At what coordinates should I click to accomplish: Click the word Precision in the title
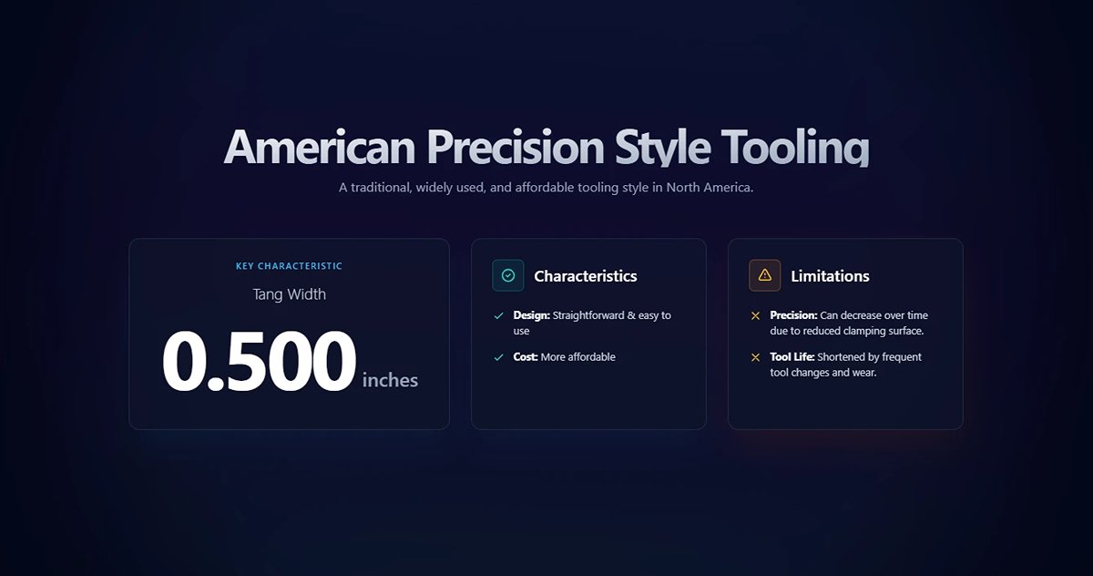click(x=515, y=147)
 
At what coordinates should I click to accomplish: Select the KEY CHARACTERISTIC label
click(x=289, y=266)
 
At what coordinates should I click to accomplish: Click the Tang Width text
click(x=289, y=294)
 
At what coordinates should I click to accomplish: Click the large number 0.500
click(x=259, y=363)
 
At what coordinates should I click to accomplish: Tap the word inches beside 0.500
click(x=390, y=380)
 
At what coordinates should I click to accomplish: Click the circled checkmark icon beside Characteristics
click(x=508, y=275)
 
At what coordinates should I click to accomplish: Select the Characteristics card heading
click(x=585, y=276)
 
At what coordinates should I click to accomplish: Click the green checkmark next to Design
click(x=498, y=315)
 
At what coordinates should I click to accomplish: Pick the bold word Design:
click(x=531, y=315)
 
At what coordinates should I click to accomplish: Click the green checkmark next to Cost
click(x=498, y=357)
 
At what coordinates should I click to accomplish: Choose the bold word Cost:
click(x=526, y=357)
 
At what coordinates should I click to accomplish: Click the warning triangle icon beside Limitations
click(x=765, y=275)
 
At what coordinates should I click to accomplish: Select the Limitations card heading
click(x=830, y=276)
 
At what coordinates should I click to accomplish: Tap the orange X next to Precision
click(x=755, y=315)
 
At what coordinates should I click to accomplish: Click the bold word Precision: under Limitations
click(x=793, y=315)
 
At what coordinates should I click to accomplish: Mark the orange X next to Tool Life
click(x=755, y=357)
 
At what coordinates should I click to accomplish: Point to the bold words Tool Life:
click(x=792, y=357)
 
